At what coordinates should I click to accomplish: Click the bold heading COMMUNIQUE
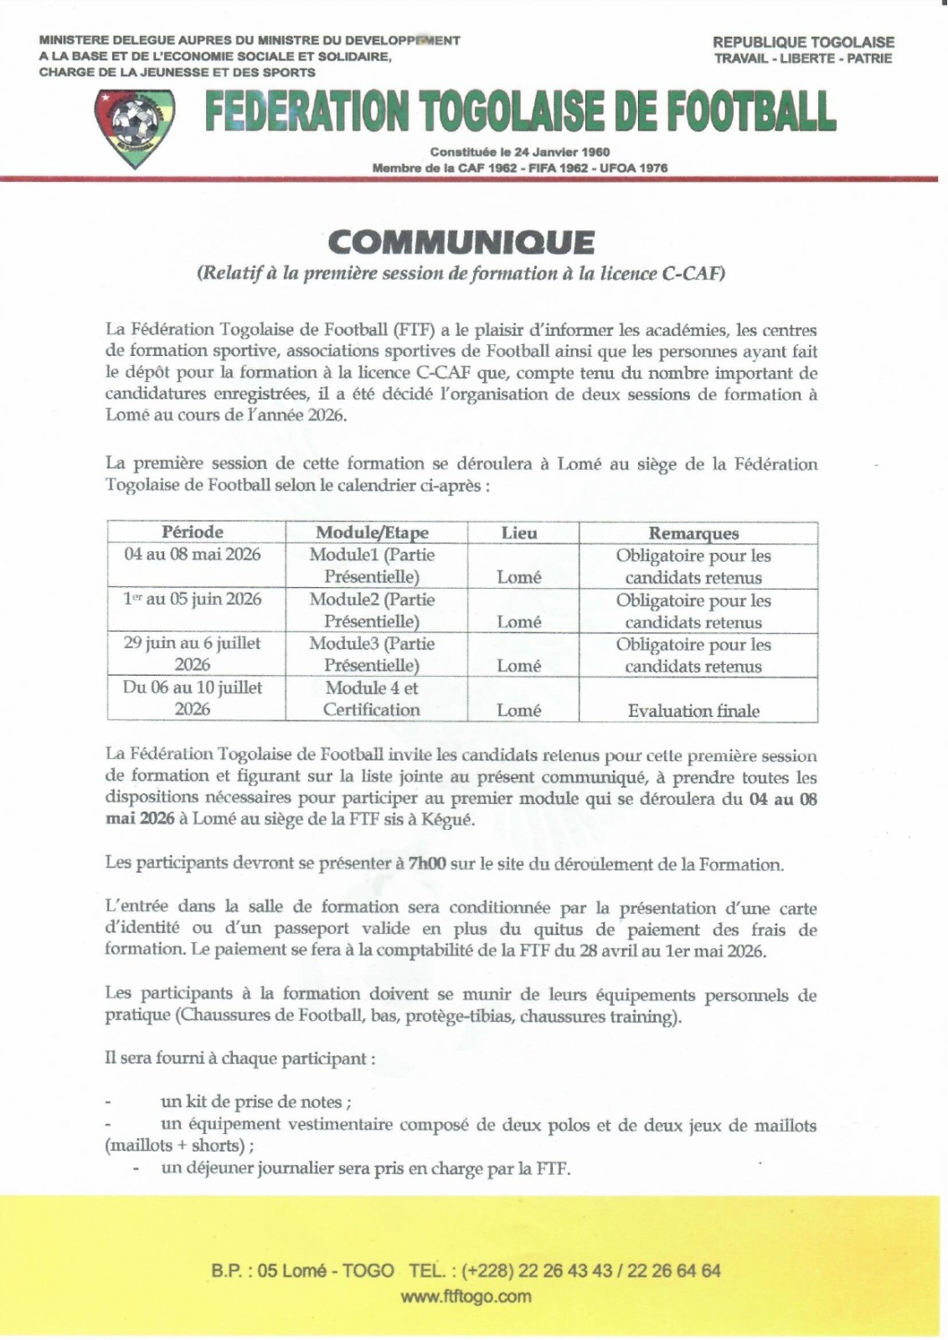tap(461, 242)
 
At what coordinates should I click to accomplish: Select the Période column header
tap(193, 532)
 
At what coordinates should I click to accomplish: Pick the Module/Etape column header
tap(372, 533)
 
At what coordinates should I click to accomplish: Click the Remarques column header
tap(693, 533)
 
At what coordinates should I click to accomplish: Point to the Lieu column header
tap(519, 533)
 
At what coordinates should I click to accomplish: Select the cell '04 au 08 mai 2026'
tap(193, 554)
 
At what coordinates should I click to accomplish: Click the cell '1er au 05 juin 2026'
tap(193, 600)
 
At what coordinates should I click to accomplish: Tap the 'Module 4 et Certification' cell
tap(372, 698)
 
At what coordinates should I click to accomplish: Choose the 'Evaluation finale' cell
tap(693, 711)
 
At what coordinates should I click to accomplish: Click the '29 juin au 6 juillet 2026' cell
tap(193, 654)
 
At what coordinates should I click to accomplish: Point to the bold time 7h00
tap(427, 864)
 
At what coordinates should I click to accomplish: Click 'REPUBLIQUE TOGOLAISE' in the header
tap(803, 42)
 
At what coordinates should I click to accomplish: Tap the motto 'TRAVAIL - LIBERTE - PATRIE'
tap(803, 59)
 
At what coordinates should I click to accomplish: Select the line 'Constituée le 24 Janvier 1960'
tap(519, 152)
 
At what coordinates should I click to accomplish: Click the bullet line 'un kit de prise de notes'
tap(255, 1102)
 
